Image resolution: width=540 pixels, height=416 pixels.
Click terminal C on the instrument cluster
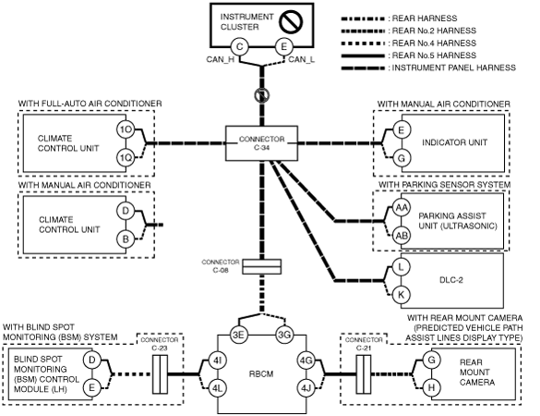click(x=239, y=47)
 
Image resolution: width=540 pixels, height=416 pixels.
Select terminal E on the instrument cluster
click(x=283, y=47)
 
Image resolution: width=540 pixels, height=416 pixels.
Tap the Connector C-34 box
click(x=262, y=143)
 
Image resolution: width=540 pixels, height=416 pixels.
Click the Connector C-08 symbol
click(x=262, y=266)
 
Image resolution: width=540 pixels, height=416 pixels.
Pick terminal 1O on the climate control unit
click(x=126, y=129)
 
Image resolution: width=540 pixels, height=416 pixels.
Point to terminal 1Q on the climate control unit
click(x=126, y=158)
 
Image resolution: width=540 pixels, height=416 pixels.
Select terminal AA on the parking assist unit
click(x=402, y=208)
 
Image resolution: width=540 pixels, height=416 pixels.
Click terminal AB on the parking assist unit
click(x=402, y=236)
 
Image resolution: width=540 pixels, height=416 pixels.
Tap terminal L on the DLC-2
click(x=402, y=267)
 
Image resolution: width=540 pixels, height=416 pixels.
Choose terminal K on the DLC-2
click(x=402, y=295)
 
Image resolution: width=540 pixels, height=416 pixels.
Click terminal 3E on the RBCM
click(x=239, y=335)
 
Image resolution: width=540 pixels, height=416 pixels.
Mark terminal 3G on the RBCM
click(x=284, y=335)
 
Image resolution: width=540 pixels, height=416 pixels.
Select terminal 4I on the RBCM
click(x=217, y=361)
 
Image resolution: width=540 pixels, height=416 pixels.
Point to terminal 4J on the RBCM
click(x=306, y=388)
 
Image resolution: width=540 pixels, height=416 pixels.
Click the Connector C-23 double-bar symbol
click(x=160, y=374)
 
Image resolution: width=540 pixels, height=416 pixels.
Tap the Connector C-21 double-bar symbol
click(x=364, y=374)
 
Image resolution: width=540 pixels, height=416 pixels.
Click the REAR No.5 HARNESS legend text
click(x=434, y=55)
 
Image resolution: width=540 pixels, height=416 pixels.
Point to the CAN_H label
click(x=221, y=60)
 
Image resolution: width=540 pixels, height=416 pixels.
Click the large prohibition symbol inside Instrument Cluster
click(x=291, y=22)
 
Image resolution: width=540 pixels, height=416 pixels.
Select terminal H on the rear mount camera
click(x=431, y=388)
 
